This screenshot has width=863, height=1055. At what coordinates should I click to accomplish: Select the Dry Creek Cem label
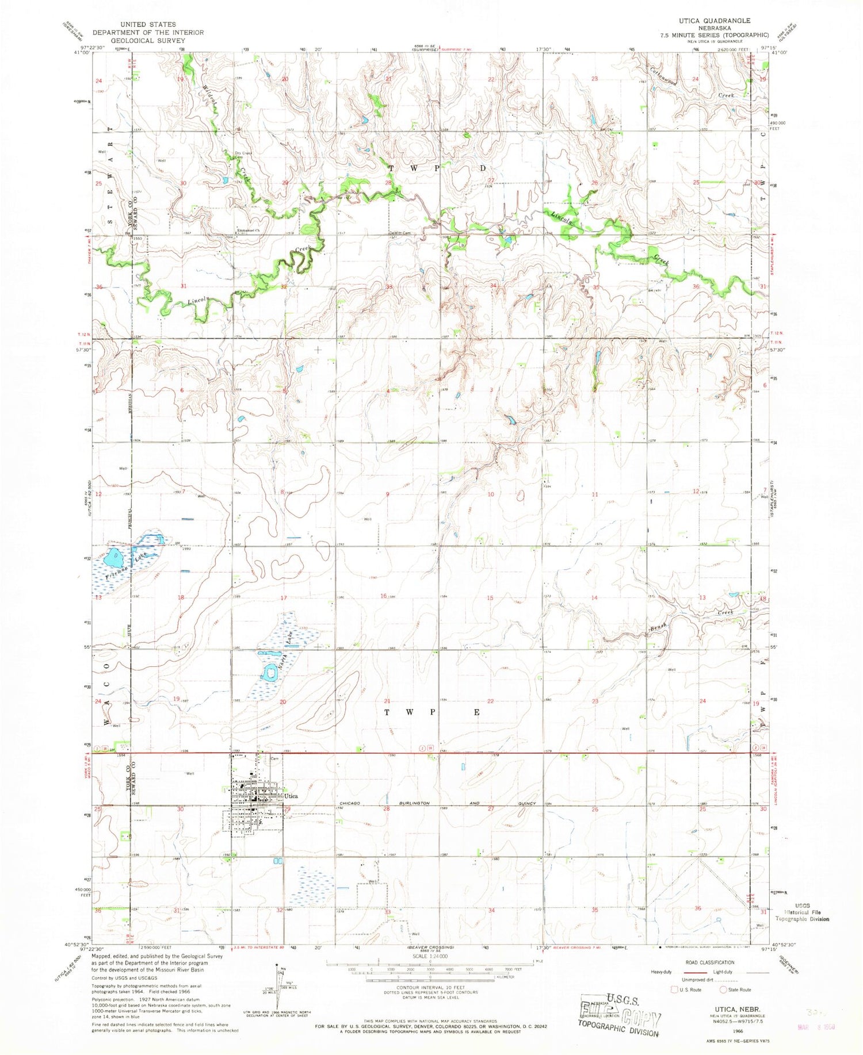tap(243, 154)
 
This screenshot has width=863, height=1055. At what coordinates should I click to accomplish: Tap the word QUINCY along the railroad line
tap(527, 803)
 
